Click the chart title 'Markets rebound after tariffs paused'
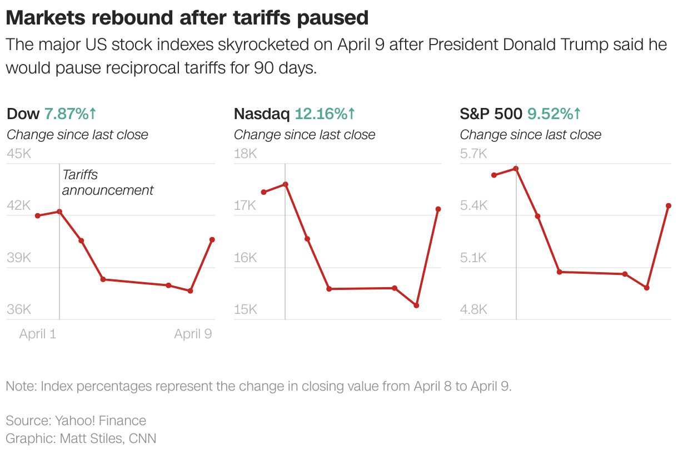pyautogui.click(x=187, y=18)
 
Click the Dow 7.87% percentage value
pyautogui.click(x=70, y=114)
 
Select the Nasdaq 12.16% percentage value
pyautogui.click(x=325, y=114)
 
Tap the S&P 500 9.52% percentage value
pyautogui.click(x=554, y=114)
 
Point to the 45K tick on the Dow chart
pyautogui.click(x=18, y=154)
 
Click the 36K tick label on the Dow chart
pyautogui.click(x=18, y=309)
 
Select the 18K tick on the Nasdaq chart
pyautogui.click(x=245, y=154)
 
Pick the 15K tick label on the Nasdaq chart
pyautogui.click(x=245, y=309)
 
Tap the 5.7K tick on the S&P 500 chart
pyautogui.click(x=473, y=154)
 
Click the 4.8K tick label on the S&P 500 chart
pyautogui.click(x=473, y=309)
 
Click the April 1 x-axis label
pyautogui.click(x=38, y=334)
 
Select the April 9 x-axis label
pyautogui.click(x=193, y=334)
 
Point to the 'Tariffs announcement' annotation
pyautogui.click(x=107, y=183)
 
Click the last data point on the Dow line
pyautogui.click(x=212, y=240)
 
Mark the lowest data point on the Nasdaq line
pyautogui.click(x=416, y=306)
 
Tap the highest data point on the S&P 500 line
pyautogui.click(x=516, y=169)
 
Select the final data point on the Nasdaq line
pyautogui.click(x=438, y=209)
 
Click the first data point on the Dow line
pyautogui.click(x=38, y=216)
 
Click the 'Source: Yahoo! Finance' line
pyautogui.click(x=76, y=421)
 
